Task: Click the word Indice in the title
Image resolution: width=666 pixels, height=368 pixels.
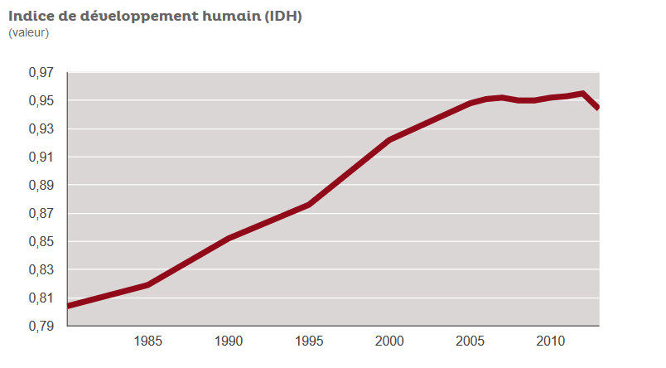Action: pyautogui.click(x=31, y=16)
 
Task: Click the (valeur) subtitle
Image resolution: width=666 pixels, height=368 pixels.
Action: pyautogui.click(x=29, y=32)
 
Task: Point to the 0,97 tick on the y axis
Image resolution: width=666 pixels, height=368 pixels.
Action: pyautogui.click(x=41, y=73)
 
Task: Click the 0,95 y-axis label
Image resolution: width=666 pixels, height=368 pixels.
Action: pyautogui.click(x=41, y=101)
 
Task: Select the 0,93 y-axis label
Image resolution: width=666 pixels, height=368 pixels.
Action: pyautogui.click(x=41, y=129)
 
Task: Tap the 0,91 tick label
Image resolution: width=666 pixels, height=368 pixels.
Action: pyautogui.click(x=41, y=157)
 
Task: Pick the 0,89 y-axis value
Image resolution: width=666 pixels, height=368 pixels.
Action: pyautogui.click(x=41, y=186)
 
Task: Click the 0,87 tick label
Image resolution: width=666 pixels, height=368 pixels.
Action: pyautogui.click(x=41, y=214)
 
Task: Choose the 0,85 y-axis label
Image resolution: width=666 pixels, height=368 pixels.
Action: pyautogui.click(x=41, y=242)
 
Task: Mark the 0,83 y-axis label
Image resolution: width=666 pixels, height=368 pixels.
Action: pyautogui.click(x=41, y=270)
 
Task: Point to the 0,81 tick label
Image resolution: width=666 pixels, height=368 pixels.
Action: pyautogui.click(x=41, y=298)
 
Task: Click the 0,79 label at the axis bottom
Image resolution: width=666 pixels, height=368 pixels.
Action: pyautogui.click(x=41, y=327)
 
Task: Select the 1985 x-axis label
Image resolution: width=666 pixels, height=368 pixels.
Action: pyautogui.click(x=147, y=341)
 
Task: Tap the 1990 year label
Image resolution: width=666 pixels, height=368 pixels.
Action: pyautogui.click(x=229, y=341)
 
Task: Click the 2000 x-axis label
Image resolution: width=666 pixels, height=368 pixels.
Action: pyautogui.click(x=390, y=341)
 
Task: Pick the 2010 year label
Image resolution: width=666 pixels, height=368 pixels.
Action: pyautogui.click(x=552, y=341)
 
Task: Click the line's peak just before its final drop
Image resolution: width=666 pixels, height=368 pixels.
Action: pyautogui.click(x=584, y=94)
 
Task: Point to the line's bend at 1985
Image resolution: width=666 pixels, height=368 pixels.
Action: pyautogui.click(x=147, y=284)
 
